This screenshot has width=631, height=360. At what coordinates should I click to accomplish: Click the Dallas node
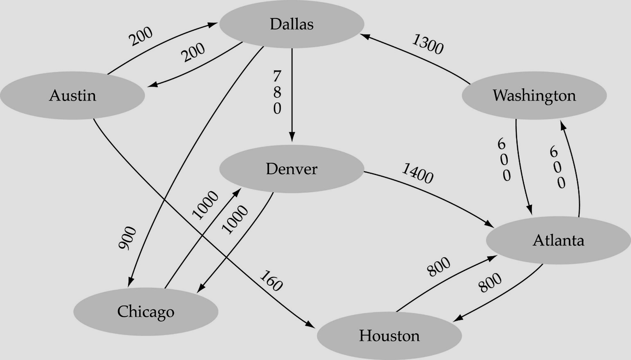coord(292,24)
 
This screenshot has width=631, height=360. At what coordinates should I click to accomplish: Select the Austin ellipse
coord(72,95)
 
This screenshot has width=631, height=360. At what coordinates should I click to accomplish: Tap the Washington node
coord(534,95)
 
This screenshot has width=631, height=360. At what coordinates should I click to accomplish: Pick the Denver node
coord(292,169)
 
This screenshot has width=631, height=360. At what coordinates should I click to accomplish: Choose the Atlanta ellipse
coord(558,240)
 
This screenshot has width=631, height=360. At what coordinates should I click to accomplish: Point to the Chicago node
coord(146,311)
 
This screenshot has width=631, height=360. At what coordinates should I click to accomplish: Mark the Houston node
coord(389,336)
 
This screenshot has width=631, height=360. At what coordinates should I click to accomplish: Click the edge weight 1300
coord(428,44)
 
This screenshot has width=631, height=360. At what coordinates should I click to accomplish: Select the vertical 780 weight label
coord(277,92)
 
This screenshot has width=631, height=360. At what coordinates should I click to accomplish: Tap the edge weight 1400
coord(417,173)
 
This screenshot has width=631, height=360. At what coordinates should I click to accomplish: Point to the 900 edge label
coord(127,238)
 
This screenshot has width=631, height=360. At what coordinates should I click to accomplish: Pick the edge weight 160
coord(271,280)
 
